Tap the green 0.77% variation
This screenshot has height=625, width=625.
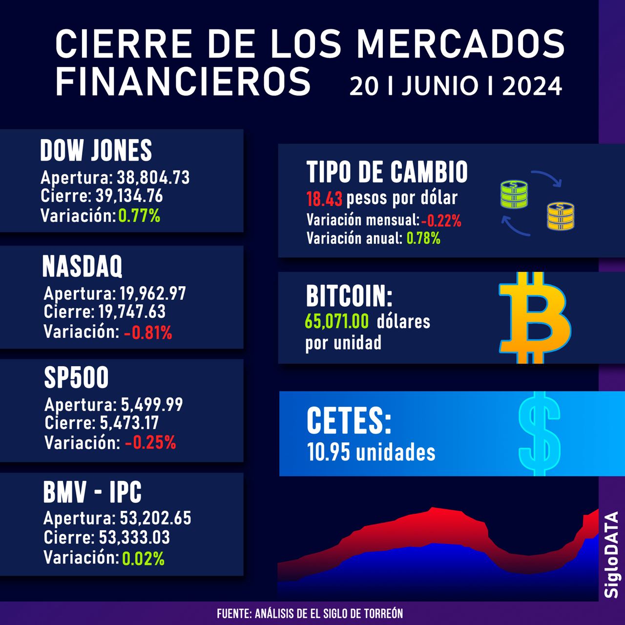139,215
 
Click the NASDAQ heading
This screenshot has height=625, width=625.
83,266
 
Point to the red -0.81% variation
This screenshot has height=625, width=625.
148,333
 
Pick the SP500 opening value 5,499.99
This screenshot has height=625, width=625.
151,405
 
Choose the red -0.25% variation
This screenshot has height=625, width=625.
150,442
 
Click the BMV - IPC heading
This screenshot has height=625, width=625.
93,492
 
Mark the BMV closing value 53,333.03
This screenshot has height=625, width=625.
134,538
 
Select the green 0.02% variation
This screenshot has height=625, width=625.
143,558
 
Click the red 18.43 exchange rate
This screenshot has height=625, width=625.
324,199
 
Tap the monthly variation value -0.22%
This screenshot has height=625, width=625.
441,221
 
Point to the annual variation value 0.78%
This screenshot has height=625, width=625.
423,238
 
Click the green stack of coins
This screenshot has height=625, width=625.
514,195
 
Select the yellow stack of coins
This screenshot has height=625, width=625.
561,216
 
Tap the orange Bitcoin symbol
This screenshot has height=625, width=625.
535,318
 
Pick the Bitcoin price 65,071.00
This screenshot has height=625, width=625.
337,322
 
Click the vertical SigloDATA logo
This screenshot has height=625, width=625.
611,554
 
